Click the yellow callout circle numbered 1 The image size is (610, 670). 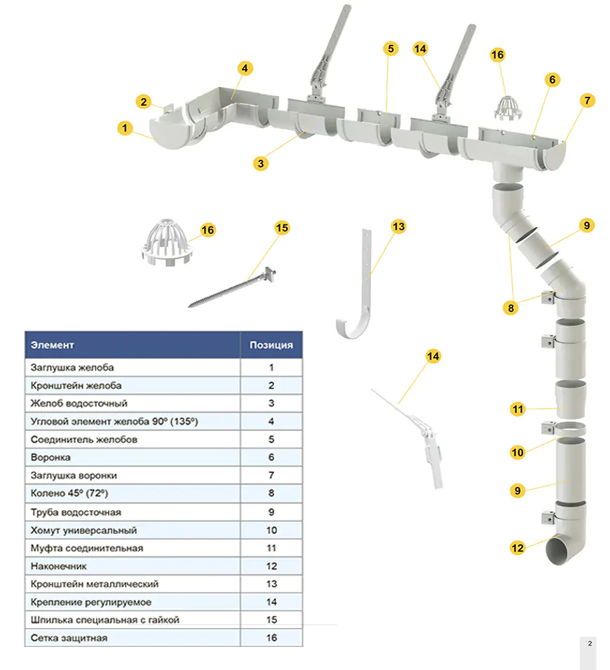125,128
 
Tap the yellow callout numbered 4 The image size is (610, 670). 245,69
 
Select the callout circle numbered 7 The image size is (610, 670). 587,100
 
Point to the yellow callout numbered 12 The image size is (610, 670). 517,548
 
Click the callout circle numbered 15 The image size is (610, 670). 282,228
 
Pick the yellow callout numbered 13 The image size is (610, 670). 398,227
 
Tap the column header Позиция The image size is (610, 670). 271,345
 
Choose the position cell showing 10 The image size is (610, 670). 271,531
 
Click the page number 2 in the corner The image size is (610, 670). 590,643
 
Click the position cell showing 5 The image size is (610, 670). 271,439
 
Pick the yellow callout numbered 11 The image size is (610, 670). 517,410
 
